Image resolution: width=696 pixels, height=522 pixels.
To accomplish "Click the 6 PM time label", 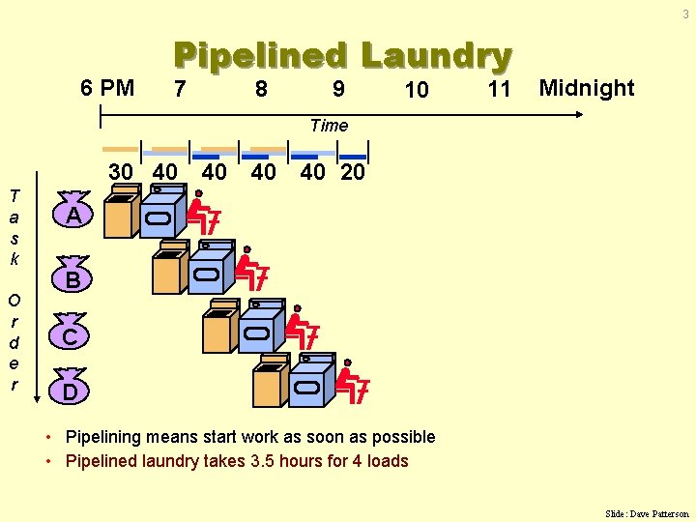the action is (x=107, y=88).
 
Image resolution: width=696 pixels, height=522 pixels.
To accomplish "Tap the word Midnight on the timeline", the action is (x=587, y=88).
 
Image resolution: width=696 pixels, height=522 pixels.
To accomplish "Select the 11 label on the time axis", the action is (x=499, y=89).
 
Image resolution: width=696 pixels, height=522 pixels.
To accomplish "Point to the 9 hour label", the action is (x=337, y=89).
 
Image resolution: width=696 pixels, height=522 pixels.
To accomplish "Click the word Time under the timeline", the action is (x=329, y=125).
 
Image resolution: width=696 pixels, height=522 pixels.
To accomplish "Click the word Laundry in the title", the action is (x=436, y=56).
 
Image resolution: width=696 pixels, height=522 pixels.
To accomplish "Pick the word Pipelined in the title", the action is (x=259, y=56).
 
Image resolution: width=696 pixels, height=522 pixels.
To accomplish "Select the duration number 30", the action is (x=121, y=172).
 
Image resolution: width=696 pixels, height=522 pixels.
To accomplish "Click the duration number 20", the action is (x=354, y=172).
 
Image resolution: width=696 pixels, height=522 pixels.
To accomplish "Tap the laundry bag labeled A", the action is (x=72, y=214).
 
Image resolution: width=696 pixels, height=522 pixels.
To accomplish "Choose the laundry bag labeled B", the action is (x=72, y=276).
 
